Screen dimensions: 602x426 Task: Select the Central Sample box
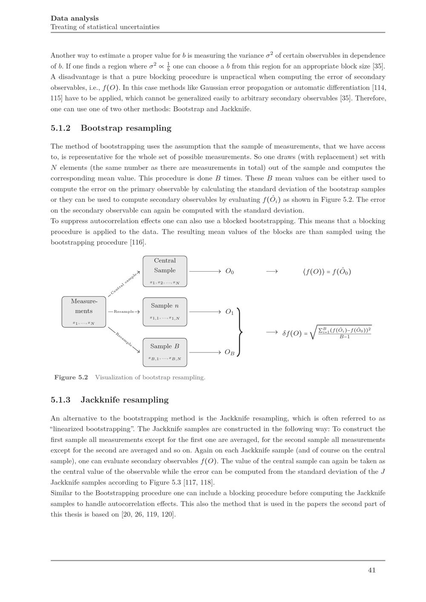tap(165, 271)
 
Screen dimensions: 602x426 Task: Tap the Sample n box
tap(165, 312)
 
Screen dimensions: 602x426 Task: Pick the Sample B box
tap(165, 353)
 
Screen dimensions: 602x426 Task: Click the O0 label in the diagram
tap(229, 271)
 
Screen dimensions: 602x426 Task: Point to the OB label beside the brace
tap(229, 353)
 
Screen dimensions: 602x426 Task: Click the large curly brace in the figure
tap(241, 332)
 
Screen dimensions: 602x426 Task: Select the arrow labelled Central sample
tap(124, 283)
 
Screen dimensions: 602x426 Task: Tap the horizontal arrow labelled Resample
tap(124, 312)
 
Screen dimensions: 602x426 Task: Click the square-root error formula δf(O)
tap(327, 333)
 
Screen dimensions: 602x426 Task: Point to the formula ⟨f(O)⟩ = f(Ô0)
tap(327, 272)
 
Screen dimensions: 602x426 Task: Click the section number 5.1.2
tap(60, 128)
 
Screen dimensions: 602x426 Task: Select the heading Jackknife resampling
tap(124, 400)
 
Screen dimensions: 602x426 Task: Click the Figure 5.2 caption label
tap(71, 377)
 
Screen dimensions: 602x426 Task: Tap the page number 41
tap(371, 570)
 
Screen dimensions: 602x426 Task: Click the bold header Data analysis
tap(75, 18)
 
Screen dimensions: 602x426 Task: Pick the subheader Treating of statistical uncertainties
tap(105, 27)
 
